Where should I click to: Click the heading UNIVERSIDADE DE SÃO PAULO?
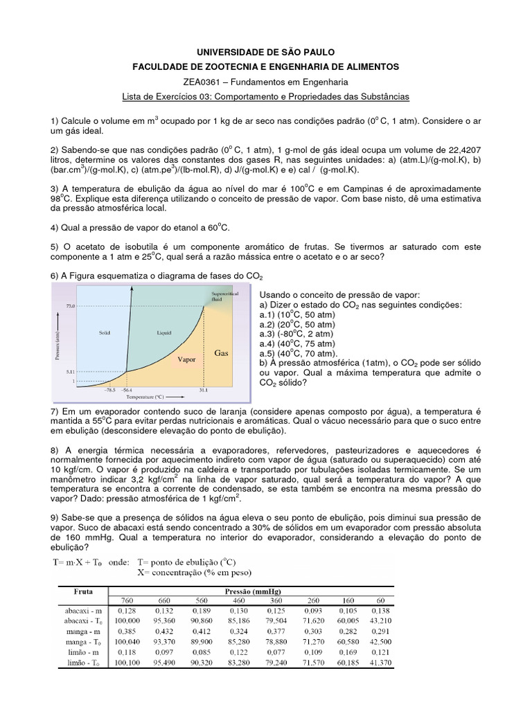266,52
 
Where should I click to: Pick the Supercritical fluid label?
223,297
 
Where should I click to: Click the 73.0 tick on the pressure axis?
69,305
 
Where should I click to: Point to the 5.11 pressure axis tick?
69,372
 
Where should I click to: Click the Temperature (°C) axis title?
145,399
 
